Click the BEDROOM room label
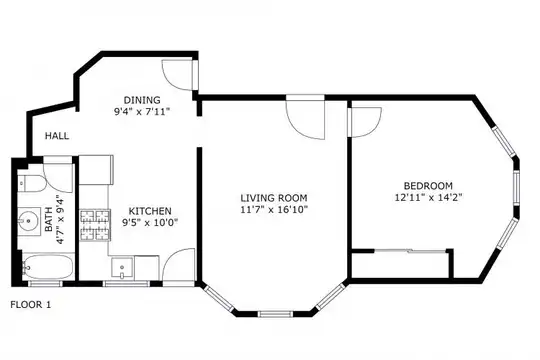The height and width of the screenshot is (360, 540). tap(428, 186)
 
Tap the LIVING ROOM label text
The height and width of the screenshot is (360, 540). tap(274, 198)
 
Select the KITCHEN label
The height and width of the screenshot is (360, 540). tap(150, 211)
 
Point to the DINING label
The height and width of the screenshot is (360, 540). tap(142, 100)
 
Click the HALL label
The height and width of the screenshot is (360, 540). tap(57, 136)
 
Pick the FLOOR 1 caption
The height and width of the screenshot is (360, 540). tap(31, 305)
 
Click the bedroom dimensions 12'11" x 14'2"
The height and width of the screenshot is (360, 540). tap(428, 198)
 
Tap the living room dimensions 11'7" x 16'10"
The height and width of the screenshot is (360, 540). tap(274, 209)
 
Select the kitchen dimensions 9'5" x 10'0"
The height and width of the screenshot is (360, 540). tap(150, 223)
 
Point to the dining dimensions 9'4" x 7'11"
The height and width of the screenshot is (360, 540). tap(142, 112)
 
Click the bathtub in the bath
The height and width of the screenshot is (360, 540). tap(48, 267)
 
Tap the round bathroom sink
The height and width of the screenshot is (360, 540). tap(28, 219)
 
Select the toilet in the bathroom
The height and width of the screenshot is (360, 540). tap(31, 184)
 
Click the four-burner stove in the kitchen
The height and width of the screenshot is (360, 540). tap(95, 225)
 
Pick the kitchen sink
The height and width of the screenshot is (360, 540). tap(122, 267)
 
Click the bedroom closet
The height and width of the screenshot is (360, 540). tap(400, 265)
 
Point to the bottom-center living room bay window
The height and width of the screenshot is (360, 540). tap(275, 314)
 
